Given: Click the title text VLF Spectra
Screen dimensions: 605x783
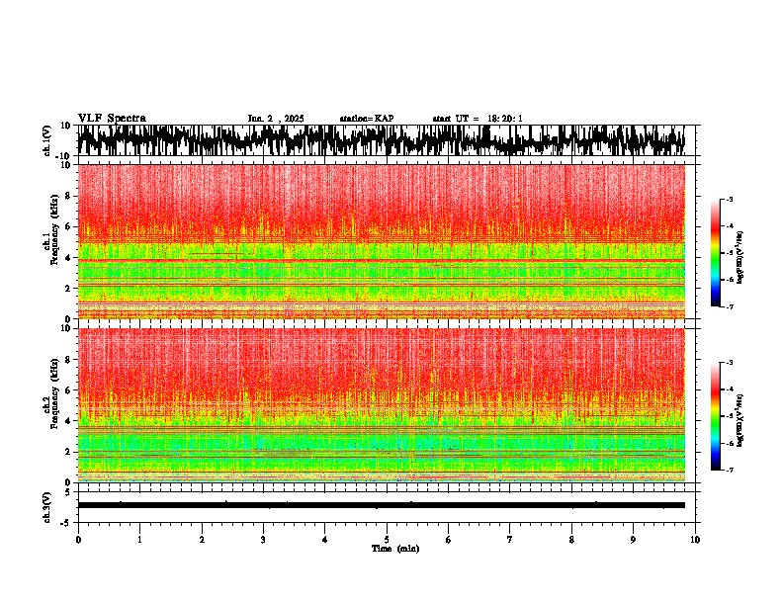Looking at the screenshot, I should (112, 119).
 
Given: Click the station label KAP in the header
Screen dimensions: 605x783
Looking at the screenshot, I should (367, 119).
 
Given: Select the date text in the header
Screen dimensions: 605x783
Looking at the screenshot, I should (276, 119).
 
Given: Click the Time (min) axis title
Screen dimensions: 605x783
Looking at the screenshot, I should (394, 548).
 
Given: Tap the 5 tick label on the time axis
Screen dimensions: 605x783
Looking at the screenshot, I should (387, 539).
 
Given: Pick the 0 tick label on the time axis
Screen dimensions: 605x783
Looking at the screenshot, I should (78, 539).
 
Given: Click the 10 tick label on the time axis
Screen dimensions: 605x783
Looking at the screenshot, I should (695, 539).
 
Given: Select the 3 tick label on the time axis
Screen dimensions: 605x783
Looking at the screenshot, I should (263, 539).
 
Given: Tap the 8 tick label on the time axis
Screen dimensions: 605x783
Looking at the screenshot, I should (571, 539).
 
